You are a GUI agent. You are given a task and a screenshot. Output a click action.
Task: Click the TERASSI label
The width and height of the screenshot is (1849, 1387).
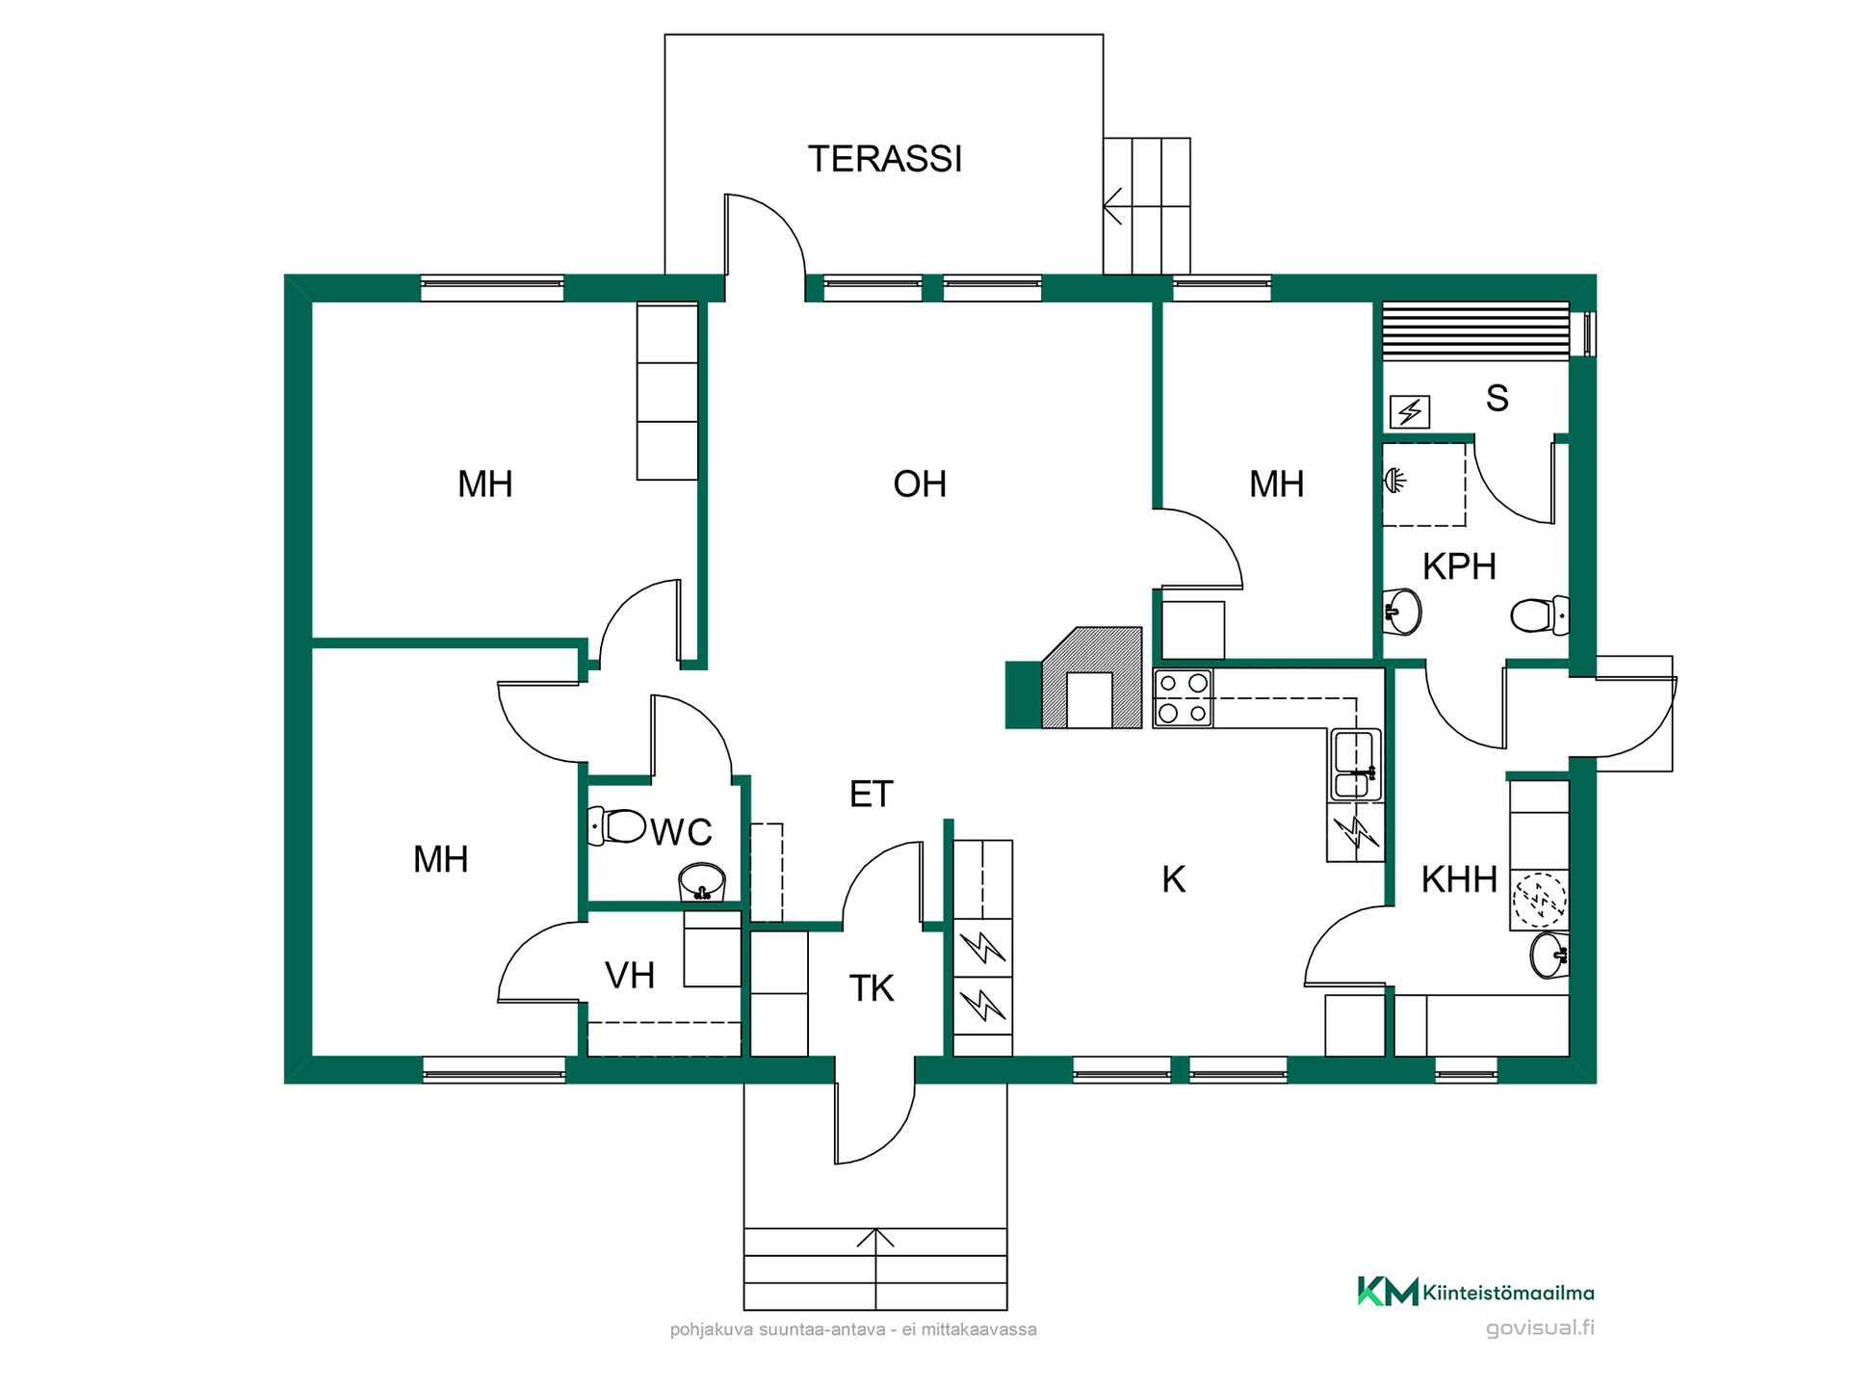click(885, 159)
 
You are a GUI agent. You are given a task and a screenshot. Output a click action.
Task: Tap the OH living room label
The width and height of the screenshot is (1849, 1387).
click(920, 484)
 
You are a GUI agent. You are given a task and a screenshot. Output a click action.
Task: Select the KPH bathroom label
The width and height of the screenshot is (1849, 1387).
click(1459, 566)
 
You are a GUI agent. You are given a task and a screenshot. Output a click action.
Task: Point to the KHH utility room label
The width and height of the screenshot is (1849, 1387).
click(1459, 878)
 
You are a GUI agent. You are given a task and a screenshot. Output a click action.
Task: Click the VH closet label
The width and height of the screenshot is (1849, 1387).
click(630, 976)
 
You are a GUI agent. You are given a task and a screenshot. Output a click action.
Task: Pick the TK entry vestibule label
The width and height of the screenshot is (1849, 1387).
click(872, 988)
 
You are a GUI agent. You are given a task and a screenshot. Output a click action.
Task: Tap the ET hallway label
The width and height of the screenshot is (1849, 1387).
click(872, 794)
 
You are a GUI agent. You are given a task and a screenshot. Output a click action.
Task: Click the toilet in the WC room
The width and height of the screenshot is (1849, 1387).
click(616, 826)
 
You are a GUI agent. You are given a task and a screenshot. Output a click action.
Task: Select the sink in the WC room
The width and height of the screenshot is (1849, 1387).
click(702, 882)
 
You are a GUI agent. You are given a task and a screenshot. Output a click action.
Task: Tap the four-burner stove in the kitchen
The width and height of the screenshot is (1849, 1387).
click(1183, 698)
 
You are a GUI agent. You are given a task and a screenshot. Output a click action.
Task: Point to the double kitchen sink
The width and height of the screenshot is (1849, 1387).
click(1356, 766)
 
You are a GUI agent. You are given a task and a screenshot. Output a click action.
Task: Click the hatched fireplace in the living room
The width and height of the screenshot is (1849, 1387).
click(1092, 678)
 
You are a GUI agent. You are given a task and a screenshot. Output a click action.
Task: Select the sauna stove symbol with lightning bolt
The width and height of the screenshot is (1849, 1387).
click(1410, 412)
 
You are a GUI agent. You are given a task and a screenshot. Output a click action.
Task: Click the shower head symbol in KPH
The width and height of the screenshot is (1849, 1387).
click(1394, 479)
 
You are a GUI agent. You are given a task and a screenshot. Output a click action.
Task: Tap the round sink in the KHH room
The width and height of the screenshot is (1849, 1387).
click(1550, 955)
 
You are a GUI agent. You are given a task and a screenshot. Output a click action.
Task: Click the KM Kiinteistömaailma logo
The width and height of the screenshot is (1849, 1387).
click(1475, 1292)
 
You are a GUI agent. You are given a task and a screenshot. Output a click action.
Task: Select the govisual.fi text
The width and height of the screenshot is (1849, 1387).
click(1540, 1327)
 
